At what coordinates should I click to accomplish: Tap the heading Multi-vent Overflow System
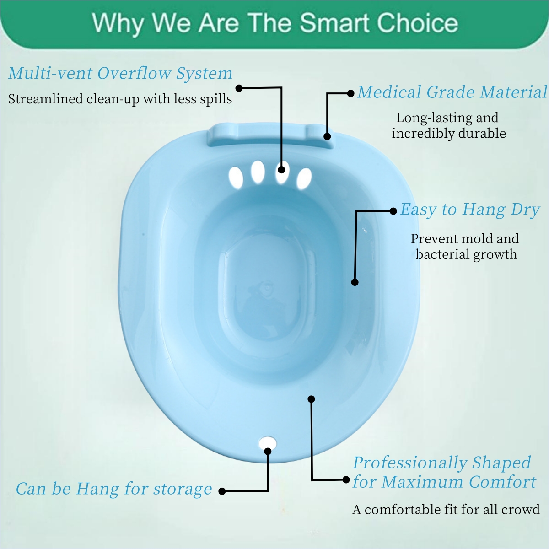click(120, 73)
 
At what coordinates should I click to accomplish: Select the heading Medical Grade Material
click(452, 92)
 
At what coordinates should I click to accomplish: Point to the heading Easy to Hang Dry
click(470, 210)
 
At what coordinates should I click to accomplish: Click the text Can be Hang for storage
click(114, 489)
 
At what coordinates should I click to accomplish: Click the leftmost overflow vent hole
click(236, 177)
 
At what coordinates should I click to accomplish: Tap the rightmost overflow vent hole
click(304, 178)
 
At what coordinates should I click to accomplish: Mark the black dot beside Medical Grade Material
click(351, 93)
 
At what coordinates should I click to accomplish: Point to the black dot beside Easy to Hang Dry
click(393, 211)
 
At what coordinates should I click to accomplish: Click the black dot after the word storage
click(222, 491)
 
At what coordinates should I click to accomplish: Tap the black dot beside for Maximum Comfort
click(346, 480)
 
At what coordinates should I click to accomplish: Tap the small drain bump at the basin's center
click(267, 288)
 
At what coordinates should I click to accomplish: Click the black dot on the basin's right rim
click(355, 282)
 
